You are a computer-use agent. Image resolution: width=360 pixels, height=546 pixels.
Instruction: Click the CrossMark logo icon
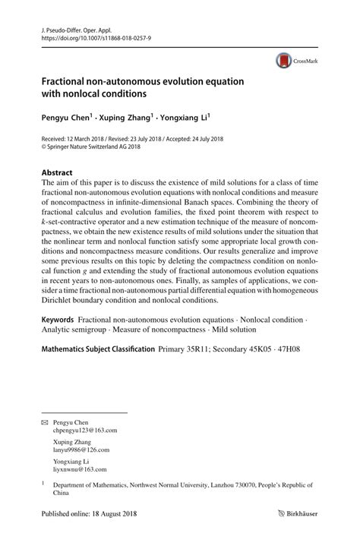coord(283,60)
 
